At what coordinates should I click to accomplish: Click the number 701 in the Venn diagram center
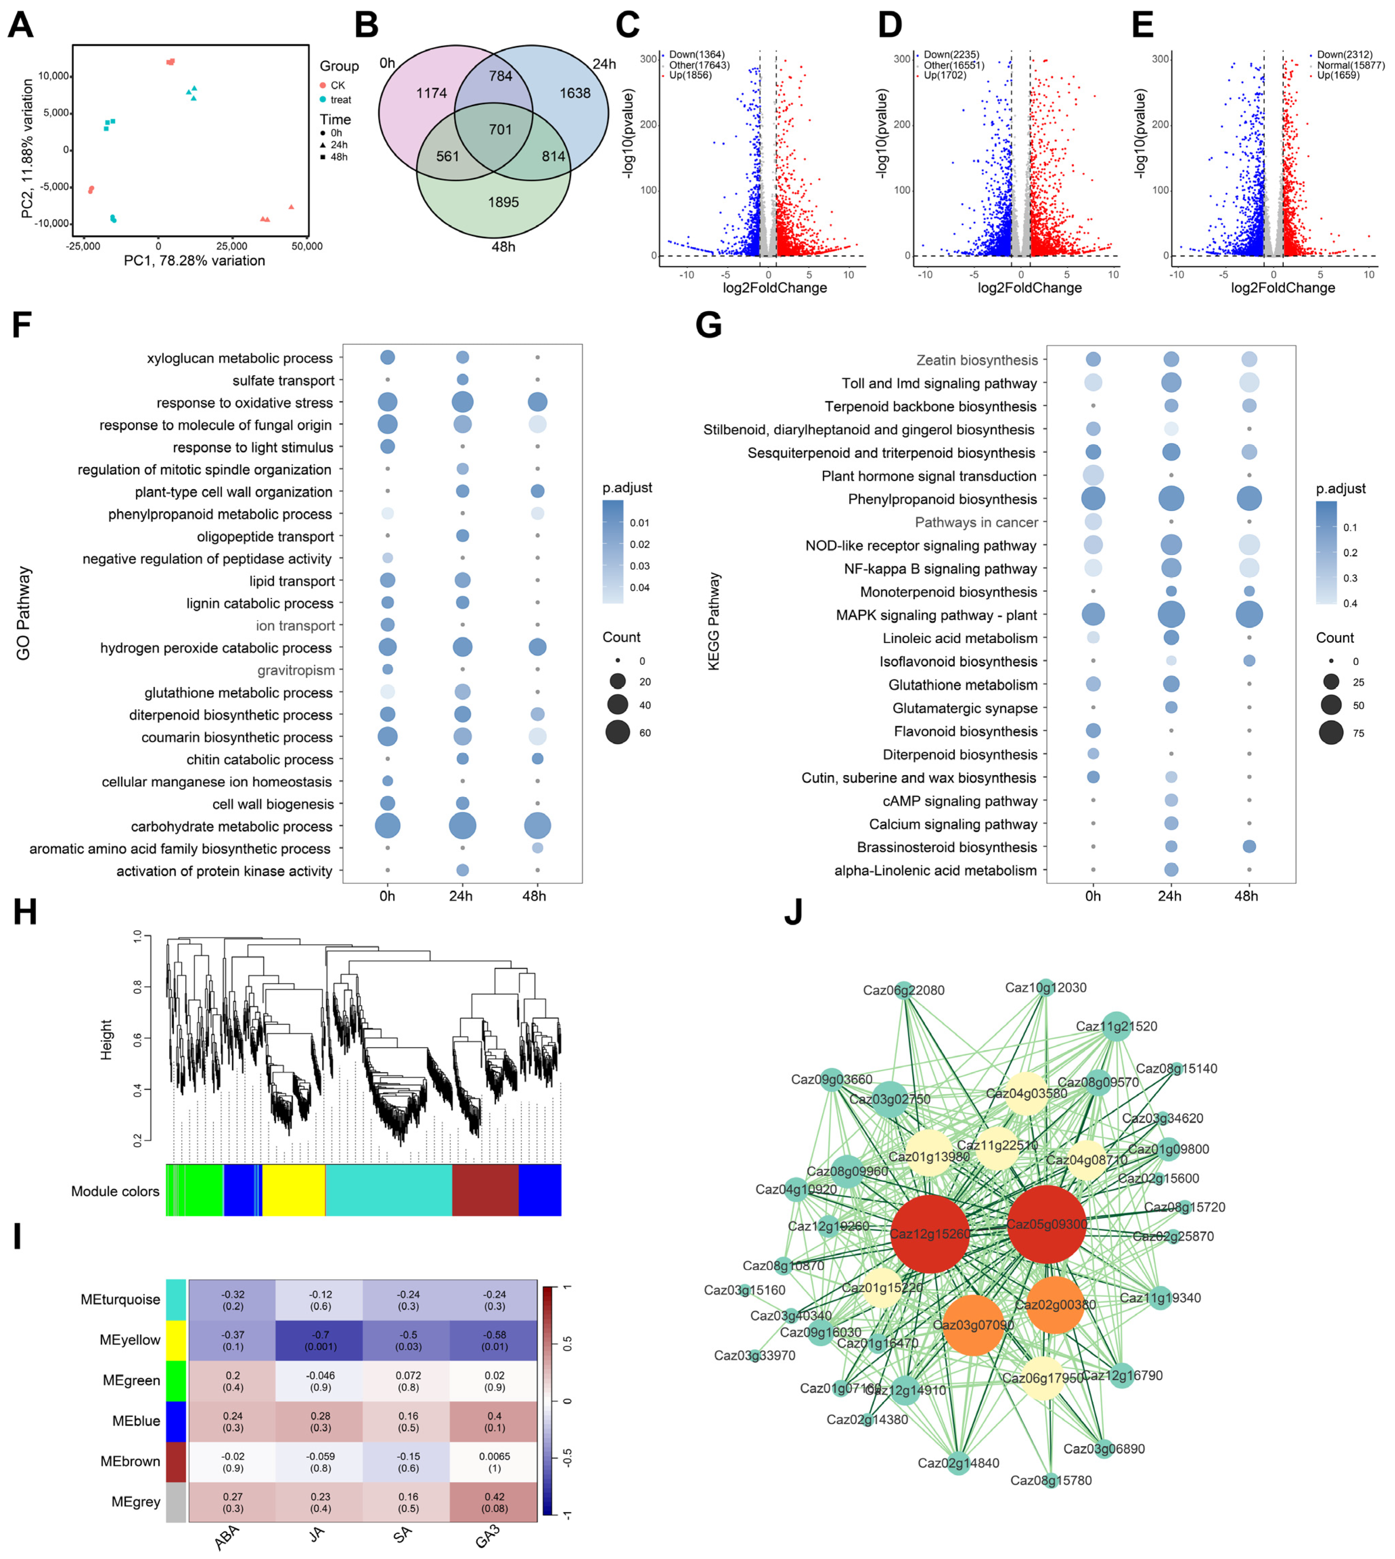(x=500, y=130)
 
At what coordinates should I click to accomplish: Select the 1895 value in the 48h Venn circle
(x=503, y=203)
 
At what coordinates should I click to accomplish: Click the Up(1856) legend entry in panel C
(x=690, y=75)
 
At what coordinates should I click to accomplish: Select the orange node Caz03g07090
(x=973, y=1325)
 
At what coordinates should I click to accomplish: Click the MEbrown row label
(x=130, y=1461)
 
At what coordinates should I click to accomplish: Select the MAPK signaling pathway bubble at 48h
(x=1248, y=615)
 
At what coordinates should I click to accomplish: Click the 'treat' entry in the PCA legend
(x=340, y=100)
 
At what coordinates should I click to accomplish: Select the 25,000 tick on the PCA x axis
(x=231, y=246)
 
